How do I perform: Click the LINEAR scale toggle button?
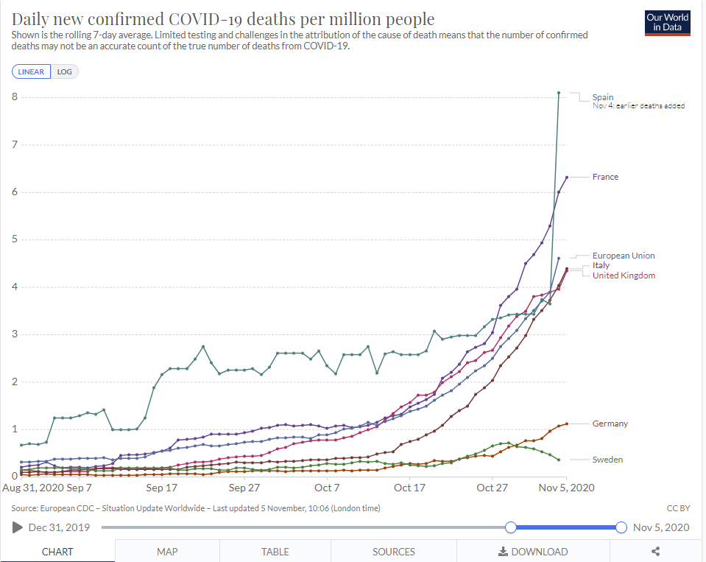[x=31, y=71]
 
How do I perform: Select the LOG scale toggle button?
[x=65, y=71]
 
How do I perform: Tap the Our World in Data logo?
[x=667, y=22]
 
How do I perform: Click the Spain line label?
[x=603, y=97]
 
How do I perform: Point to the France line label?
[x=605, y=177]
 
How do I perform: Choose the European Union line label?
[x=623, y=256]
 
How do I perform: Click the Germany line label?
[x=610, y=424]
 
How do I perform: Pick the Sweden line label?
[x=607, y=460]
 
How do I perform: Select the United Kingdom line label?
[x=623, y=275]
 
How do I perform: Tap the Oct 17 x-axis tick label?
[x=410, y=488]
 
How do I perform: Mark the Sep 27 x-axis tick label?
[x=244, y=488]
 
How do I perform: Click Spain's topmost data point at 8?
[x=559, y=93]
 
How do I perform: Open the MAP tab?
[x=167, y=551]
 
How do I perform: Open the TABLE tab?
[x=275, y=551]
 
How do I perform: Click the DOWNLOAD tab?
[x=533, y=551]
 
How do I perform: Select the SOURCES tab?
[x=393, y=551]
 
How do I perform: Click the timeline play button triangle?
[x=17, y=527]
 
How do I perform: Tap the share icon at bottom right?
[x=655, y=551]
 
